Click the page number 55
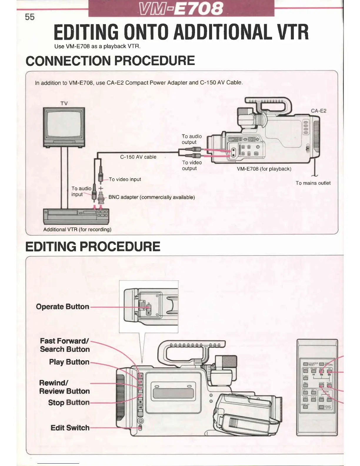[30, 17]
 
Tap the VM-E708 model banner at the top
[181, 8]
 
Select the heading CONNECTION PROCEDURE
[110, 61]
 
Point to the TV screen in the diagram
[64, 124]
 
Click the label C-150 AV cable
[138, 157]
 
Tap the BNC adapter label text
[151, 197]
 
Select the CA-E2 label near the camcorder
[319, 111]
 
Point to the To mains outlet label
[313, 183]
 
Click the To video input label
[125, 179]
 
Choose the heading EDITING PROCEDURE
[93, 247]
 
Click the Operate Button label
[62, 307]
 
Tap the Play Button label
[69, 362]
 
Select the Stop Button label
[69, 402]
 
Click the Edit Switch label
[70, 428]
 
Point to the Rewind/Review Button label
[64, 387]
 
